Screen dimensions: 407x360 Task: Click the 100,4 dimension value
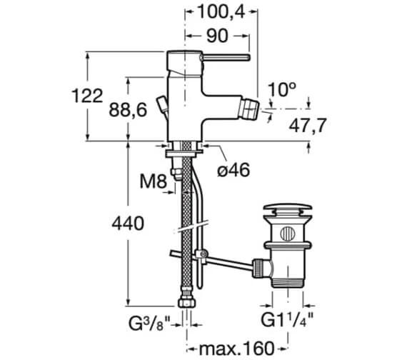(221, 11)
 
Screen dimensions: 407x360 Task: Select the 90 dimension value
(217, 36)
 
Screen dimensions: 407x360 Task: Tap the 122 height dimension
(87, 96)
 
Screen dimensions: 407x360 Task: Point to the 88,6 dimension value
(128, 109)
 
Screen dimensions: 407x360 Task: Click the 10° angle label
(281, 89)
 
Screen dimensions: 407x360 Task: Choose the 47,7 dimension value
(307, 125)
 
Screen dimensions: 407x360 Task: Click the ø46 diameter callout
(233, 170)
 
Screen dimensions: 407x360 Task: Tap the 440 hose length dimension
(128, 223)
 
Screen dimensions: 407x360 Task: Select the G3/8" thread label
(149, 324)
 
